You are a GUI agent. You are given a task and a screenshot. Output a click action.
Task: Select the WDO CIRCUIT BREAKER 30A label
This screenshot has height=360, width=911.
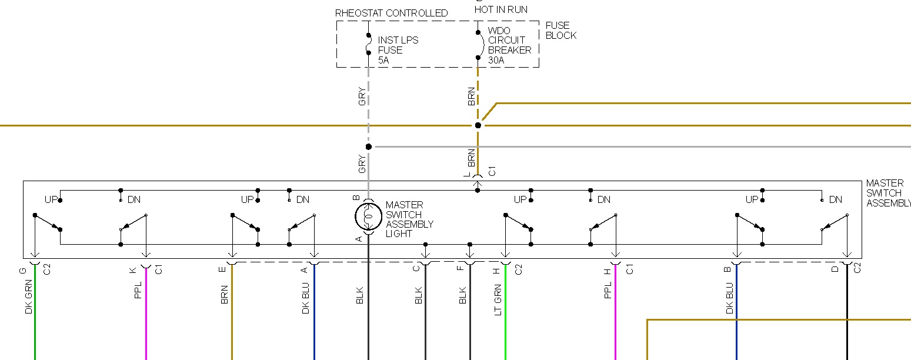(x=509, y=45)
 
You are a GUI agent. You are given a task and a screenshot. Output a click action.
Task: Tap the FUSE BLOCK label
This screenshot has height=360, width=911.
(x=560, y=31)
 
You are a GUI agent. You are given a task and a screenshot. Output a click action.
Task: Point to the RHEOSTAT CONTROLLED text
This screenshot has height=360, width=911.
(x=391, y=13)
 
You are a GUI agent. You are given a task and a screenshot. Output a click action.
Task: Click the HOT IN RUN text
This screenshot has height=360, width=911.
(x=501, y=10)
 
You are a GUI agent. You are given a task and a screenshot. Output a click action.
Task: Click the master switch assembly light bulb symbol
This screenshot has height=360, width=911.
(x=368, y=217)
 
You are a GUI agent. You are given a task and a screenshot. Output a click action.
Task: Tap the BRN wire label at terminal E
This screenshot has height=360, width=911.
(x=225, y=295)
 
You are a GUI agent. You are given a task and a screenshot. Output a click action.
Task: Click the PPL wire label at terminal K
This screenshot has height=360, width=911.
(x=138, y=290)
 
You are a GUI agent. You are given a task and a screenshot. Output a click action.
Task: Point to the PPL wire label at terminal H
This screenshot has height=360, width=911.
(x=608, y=290)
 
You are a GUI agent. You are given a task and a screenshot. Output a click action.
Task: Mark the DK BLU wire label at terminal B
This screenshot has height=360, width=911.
(x=729, y=299)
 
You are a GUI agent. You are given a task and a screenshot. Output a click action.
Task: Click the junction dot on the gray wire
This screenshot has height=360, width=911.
(x=368, y=146)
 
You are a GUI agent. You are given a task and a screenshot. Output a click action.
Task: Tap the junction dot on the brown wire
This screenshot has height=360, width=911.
(x=478, y=125)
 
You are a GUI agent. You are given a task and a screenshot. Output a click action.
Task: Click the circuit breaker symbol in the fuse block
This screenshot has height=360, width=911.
(x=479, y=44)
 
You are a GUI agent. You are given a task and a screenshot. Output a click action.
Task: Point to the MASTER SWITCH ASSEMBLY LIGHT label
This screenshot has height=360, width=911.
(x=409, y=219)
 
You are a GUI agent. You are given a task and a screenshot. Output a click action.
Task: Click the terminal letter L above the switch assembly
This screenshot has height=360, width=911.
(x=467, y=174)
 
